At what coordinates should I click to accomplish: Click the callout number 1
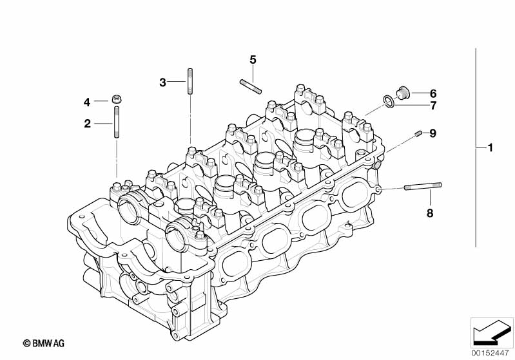pos(490,148)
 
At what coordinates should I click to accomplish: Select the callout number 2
pos(88,123)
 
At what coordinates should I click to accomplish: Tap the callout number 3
pos(163,82)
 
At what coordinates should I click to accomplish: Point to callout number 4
pos(88,102)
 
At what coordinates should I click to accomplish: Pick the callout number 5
pos(253,59)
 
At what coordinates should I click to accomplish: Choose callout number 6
pos(433,93)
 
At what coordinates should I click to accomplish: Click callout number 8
pos(430,213)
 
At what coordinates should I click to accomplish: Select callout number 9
pos(433,133)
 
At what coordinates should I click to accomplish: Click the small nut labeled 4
pos(117,99)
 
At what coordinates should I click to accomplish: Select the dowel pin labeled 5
pos(250,85)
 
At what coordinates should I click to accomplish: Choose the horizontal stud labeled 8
pos(423,187)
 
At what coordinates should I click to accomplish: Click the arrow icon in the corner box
pos(488,332)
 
